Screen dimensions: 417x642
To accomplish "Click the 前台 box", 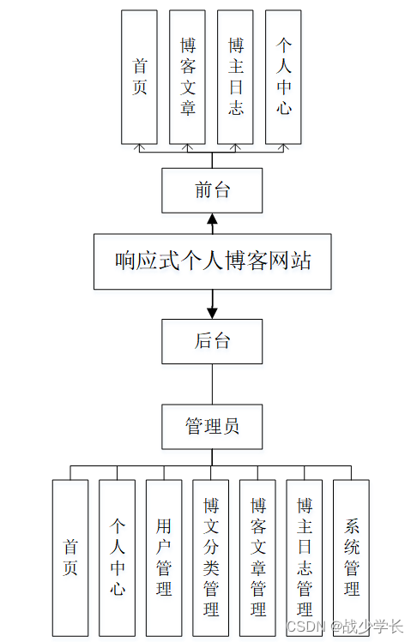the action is coord(212,190).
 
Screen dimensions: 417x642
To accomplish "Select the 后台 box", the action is coord(212,341).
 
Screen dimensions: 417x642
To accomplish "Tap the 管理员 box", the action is coord(212,427).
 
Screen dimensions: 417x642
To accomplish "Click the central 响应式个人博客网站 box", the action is coord(213,261).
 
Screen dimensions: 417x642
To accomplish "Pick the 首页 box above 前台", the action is coord(139,77).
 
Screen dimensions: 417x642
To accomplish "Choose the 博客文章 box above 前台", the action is coord(187,77).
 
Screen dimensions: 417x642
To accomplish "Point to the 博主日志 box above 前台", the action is coord(235,77).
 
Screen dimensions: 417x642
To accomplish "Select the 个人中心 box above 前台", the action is coord(283,77).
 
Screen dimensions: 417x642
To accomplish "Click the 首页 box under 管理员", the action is coord(70,558).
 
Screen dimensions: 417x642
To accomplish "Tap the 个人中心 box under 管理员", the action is coord(117,558).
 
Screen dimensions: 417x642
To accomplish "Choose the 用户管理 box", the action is coord(164,558).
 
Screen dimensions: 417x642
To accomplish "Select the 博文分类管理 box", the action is coord(211,558).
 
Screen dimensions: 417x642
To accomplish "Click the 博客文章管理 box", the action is coord(257,558).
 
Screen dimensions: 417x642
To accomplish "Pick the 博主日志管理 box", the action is coord(305,558).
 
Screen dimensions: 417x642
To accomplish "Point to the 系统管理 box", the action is coord(352,558).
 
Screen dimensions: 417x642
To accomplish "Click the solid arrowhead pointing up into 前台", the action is coord(212,219).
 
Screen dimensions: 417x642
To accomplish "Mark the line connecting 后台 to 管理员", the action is coord(212,384).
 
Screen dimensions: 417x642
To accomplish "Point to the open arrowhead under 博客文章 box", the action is coord(187,147).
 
